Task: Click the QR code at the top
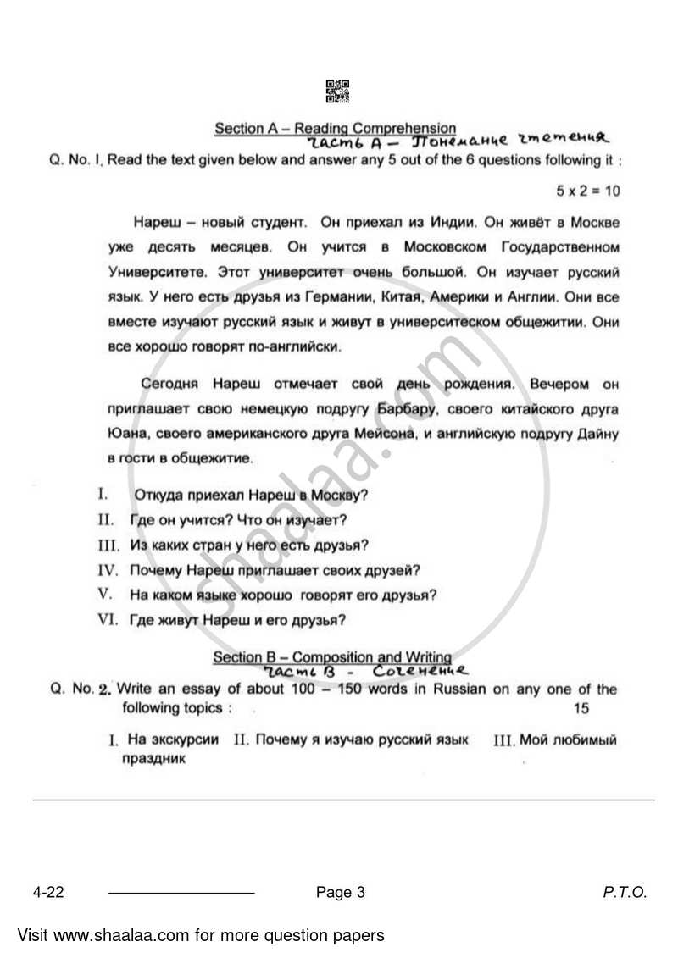click(337, 91)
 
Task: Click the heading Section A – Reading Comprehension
click(335, 128)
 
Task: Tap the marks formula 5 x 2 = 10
click(588, 191)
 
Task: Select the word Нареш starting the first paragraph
click(153, 224)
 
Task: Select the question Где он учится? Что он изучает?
click(238, 520)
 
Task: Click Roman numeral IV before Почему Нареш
click(108, 570)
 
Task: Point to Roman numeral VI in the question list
click(108, 619)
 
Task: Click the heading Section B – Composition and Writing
click(331, 657)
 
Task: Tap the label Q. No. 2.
click(82, 689)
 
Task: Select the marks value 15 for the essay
click(581, 708)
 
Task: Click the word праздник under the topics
click(153, 759)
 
